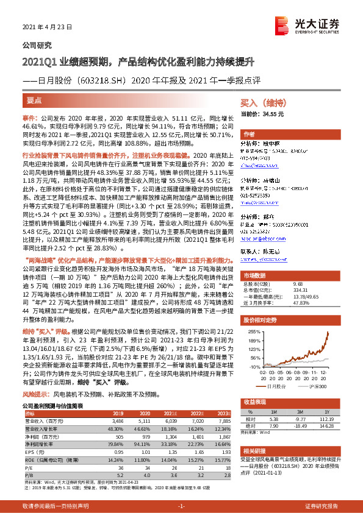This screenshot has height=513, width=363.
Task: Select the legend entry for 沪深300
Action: tap(315, 386)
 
